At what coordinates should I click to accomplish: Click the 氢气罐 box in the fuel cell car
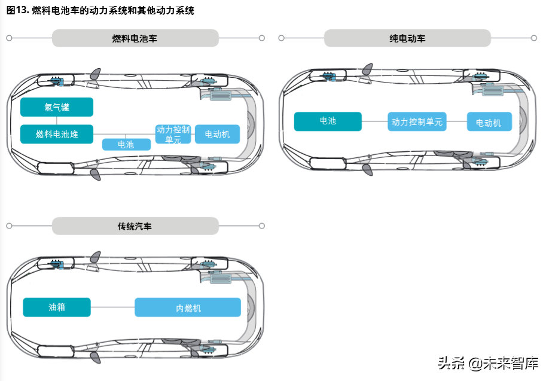(57, 107)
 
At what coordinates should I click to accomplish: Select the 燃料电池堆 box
(57, 134)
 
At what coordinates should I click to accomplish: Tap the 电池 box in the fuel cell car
(126, 144)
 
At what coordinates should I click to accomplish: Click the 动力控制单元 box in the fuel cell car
(173, 134)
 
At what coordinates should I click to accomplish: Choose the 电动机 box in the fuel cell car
(217, 134)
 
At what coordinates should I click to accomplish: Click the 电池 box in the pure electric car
(328, 121)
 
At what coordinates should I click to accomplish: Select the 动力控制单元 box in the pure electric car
(417, 121)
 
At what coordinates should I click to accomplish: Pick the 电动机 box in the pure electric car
(489, 122)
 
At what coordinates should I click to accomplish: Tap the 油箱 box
(57, 307)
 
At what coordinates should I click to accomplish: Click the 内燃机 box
(188, 307)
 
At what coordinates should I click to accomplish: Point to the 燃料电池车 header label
(135, 38)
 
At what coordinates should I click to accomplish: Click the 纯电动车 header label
(407, 38)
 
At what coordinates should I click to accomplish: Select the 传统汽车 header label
(135, 227)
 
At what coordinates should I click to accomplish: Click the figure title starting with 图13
(100, 11)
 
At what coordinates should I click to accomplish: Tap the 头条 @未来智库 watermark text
(488, 363)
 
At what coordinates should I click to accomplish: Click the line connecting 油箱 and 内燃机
(112, 307)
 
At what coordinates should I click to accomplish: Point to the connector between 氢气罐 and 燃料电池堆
(57, 120)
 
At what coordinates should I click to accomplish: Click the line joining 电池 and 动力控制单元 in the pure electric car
(374, 121)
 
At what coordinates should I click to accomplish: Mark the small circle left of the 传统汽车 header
(9, 226)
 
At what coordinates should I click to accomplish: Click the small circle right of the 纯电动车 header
(534, 38)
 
